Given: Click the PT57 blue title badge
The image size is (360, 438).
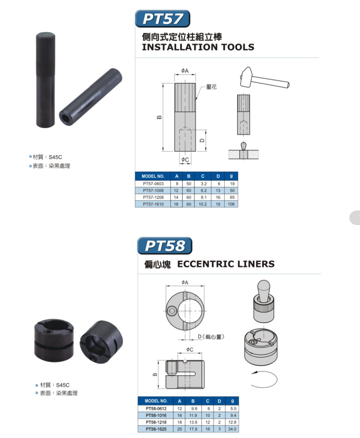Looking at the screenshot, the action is pyautogui.click(x=163, y=19).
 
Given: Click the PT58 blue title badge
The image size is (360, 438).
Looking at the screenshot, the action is pyautogui.click(x=164, y=246).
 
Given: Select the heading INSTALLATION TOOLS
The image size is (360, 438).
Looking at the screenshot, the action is pyautogui.click(x=198, y=47).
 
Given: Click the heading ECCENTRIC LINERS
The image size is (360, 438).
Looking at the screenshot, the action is pyautogui.click(x=226, y=264).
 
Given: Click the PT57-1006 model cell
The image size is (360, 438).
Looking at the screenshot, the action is pyautogui.click(x=153, y=191).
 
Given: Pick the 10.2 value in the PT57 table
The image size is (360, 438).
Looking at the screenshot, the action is pyautogui.click(x=203, y=204).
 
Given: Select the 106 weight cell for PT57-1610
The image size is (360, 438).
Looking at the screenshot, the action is pyautogui.click(x=231, y=204).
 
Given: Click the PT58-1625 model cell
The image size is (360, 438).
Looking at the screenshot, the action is pyautogui.click(x=156, y=429).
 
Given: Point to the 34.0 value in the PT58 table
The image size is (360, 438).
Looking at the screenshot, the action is pyautogui.click(x=232, y=429).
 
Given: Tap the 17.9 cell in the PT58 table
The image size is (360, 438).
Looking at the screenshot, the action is pyautogui.click(x=193, y=429).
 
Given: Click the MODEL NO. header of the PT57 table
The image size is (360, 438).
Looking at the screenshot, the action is pyautogui.click(x=153, y=176).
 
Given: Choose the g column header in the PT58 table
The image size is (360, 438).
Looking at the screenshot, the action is pyautogui.click(x=232, y=401).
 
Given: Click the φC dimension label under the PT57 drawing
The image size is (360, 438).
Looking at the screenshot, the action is pyautogui.click(x=185, y=160).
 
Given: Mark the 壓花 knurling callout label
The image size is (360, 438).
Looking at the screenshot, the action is pyautogui.click(x=212, y=87).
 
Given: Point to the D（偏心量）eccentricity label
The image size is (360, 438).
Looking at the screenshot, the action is pyautogui.click(x=211, y=337).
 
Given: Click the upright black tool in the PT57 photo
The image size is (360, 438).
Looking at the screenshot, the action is pyautogui.click(x=46, y=80).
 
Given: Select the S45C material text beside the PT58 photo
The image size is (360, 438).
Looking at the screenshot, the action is pyautogui.click(x=63, y=385).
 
